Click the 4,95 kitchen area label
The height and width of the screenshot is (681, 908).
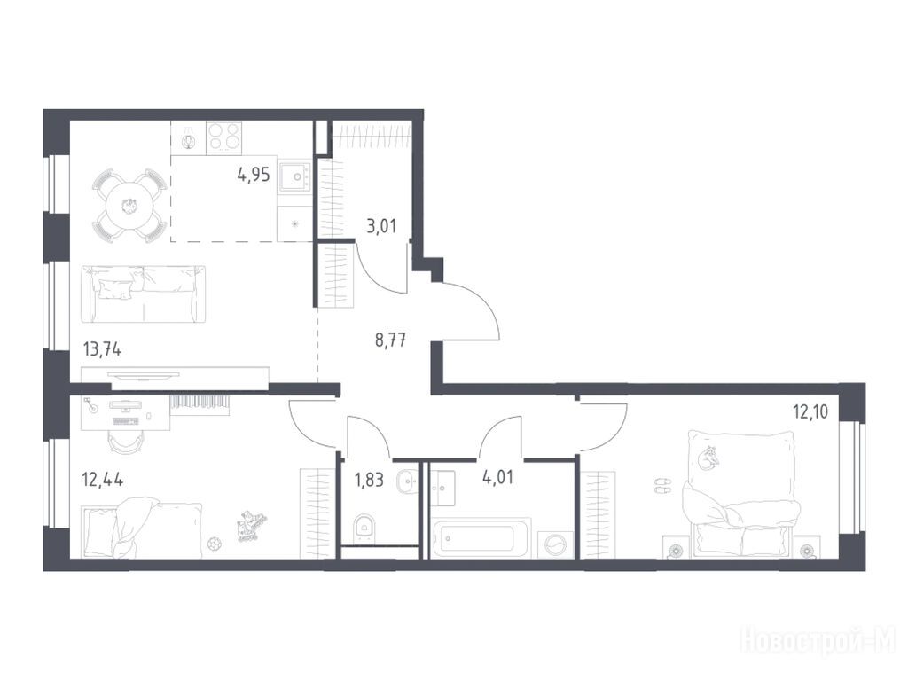(253, 175)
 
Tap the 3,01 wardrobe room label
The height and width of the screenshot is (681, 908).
(381, 225)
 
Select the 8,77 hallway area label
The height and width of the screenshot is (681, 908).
(390, 340)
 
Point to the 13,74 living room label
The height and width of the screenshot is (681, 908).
(102, 349)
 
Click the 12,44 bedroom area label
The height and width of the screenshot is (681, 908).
(103, 480)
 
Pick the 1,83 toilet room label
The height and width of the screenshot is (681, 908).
(368, 480)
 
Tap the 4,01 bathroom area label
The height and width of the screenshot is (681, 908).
(497, 478)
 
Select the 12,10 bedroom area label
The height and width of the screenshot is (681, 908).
(810, 411)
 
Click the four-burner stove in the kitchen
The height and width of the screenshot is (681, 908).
(224, 137)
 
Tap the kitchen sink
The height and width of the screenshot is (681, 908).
(295, 176)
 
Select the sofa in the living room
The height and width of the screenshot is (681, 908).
(143, 294)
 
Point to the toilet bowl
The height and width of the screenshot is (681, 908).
(364, 527)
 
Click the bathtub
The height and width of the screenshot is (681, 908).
(481, 538)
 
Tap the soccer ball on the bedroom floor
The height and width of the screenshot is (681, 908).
(215, 544)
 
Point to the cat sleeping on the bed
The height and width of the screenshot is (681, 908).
(708, 458)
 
